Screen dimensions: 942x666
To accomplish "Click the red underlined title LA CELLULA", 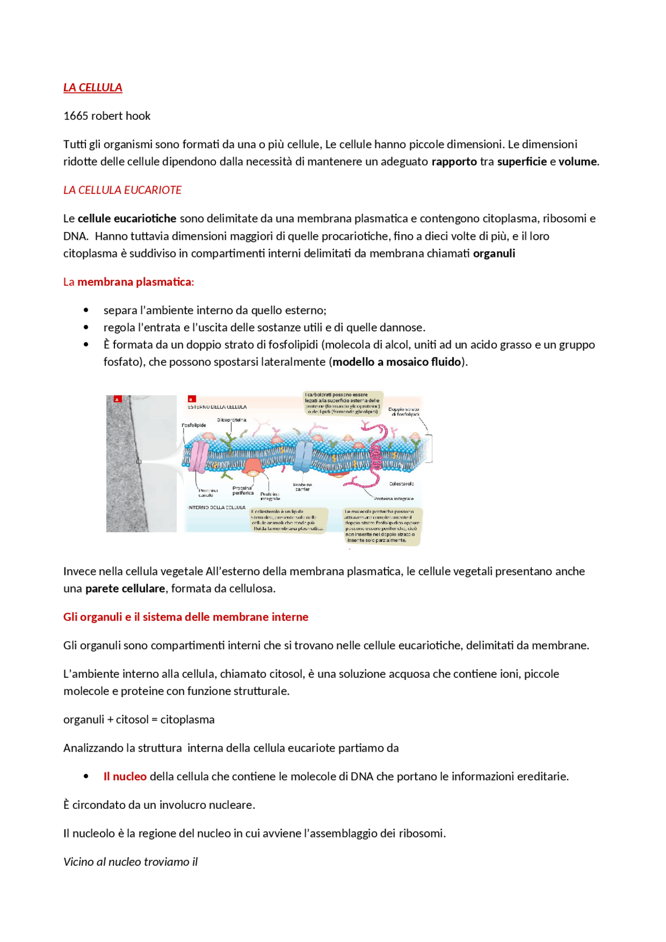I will (93, 87).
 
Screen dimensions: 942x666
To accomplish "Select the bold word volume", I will (577, 162).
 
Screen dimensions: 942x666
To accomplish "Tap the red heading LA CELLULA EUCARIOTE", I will (122, 190).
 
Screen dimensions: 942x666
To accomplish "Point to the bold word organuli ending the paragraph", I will (494, 254).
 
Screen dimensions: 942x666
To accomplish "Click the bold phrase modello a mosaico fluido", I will (396, 362).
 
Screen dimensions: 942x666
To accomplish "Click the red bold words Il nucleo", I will (125, 777).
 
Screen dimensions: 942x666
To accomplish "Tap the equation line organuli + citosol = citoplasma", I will (139, 720).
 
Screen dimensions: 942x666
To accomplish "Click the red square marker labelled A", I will (118, 399).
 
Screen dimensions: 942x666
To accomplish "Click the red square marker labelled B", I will (191, 399).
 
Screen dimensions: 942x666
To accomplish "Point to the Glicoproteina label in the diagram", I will (232, 420).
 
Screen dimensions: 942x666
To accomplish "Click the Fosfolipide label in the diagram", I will (194, 425).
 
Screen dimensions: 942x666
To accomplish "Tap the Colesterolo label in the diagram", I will (401, 484).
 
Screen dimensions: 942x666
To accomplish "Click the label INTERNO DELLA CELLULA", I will (216, 507).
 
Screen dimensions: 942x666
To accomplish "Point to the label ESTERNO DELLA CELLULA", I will (217, 407).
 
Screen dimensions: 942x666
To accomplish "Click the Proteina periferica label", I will (242, 491).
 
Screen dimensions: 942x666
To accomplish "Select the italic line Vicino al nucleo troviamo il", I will (131, 862).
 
